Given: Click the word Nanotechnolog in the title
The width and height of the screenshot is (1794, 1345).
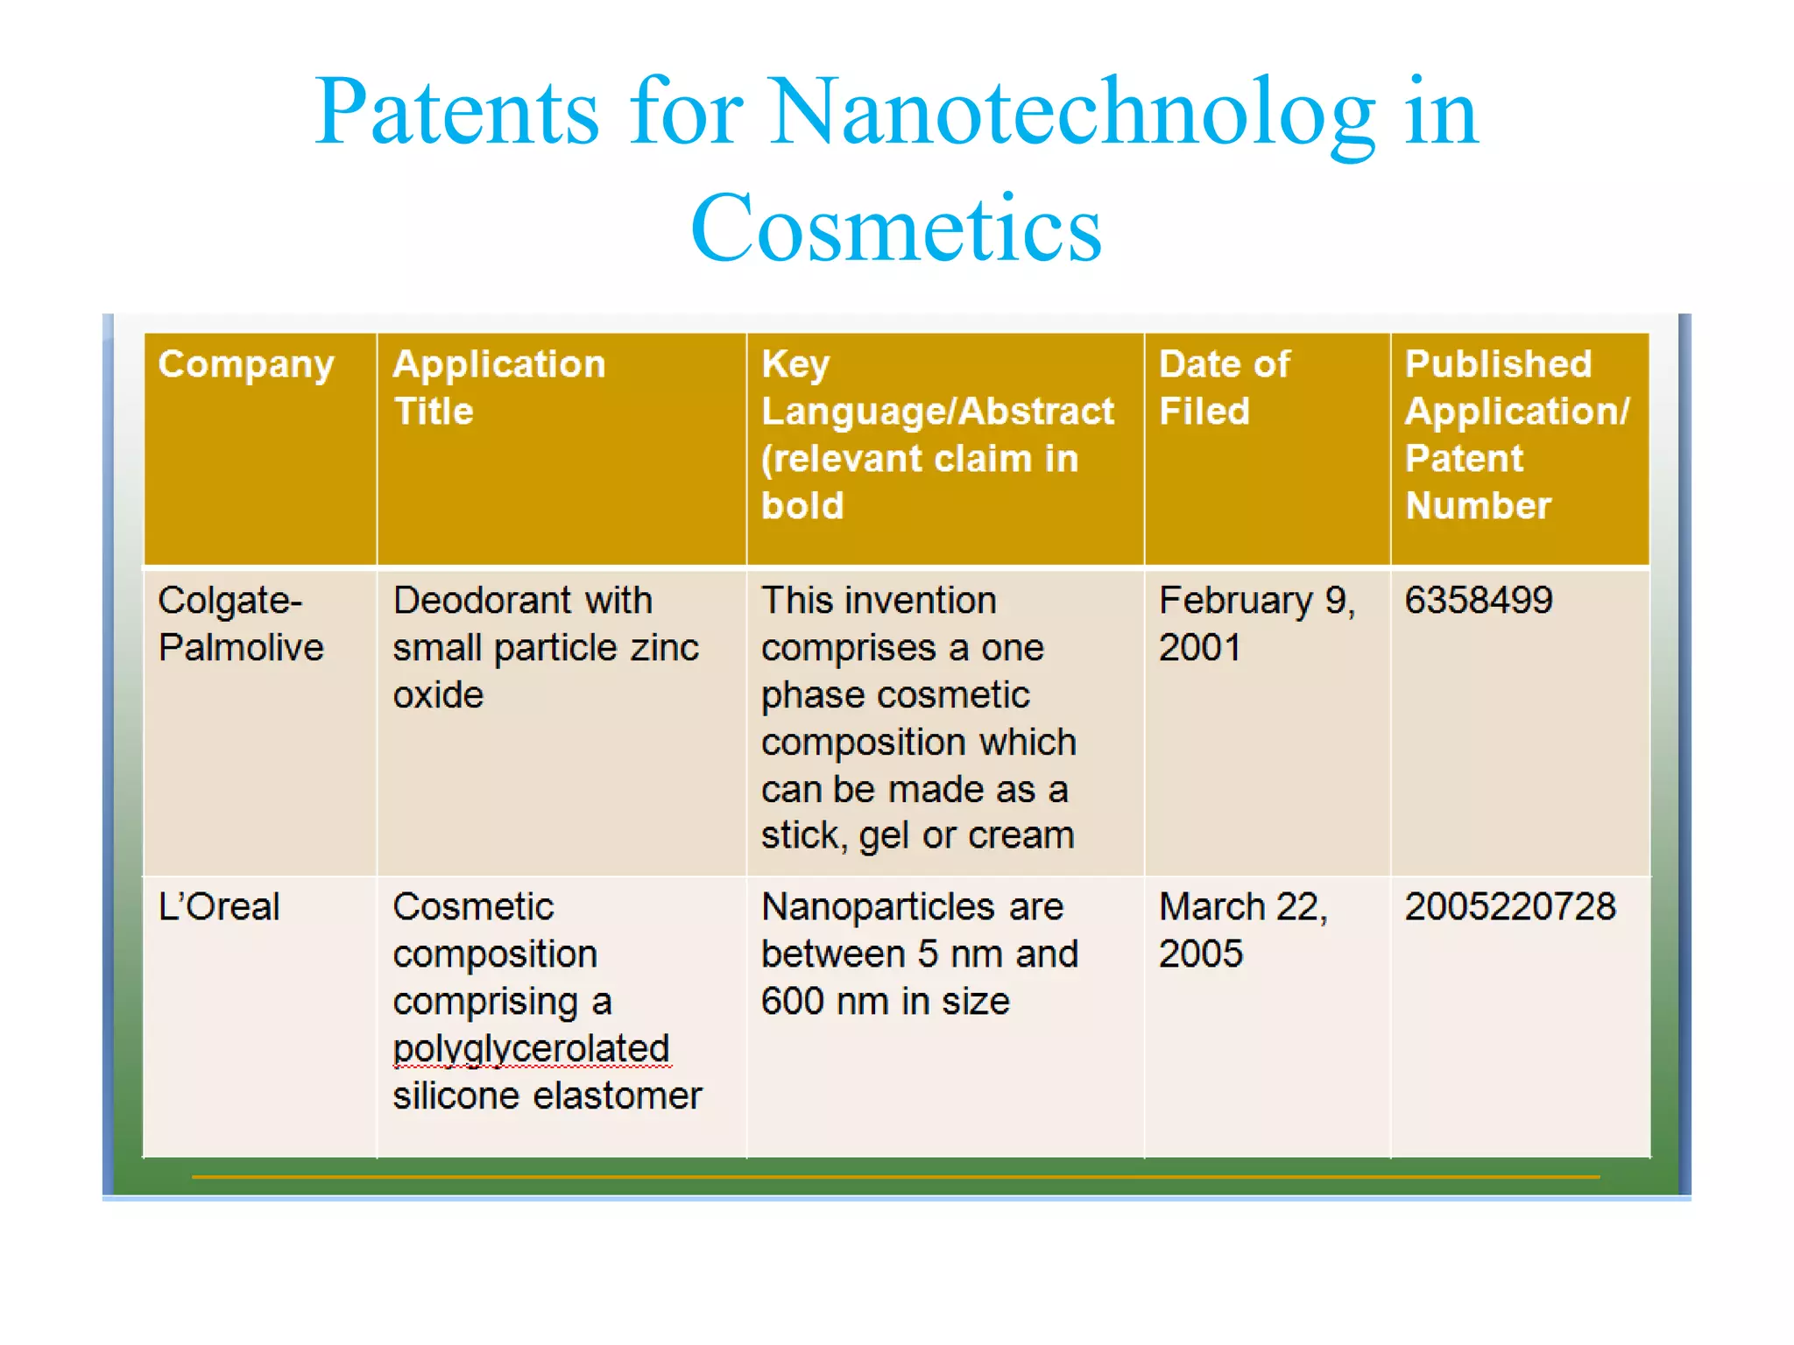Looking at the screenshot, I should click(1073, 114).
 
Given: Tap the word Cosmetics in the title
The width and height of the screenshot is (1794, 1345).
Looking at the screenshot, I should click(895, 229).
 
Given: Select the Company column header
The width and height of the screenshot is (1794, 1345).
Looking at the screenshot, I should click(246, 364).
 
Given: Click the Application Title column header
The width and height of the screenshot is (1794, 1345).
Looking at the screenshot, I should click(499, 387).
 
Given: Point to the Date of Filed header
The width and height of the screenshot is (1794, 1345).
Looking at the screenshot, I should click(1224, 387).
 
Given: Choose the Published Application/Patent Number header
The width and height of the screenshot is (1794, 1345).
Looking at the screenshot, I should click(1516, 434).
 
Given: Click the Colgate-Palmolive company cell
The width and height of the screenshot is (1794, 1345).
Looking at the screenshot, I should click(241, 623).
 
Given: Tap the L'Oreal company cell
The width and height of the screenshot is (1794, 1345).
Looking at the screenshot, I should click(219, 907).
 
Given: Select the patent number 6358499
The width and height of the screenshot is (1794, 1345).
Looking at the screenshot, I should click(1479, 601).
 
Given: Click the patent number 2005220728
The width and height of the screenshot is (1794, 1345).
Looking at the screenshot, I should click(1510, 907).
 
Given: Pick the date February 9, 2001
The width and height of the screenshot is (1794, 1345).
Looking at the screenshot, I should click(1256, 623).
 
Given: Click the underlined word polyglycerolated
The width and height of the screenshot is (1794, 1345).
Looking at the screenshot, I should click(531, 1049).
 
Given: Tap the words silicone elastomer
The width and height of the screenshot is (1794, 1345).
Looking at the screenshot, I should click(547, 1096).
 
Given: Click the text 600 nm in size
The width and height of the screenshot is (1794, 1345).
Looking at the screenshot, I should click(885, 1002).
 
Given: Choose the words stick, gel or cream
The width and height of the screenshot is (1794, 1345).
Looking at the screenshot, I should click(917, 835).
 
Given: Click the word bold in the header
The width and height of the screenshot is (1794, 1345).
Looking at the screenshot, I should click(802, 506).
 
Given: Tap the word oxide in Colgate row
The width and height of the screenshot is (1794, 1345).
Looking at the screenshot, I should click(438, 695).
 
